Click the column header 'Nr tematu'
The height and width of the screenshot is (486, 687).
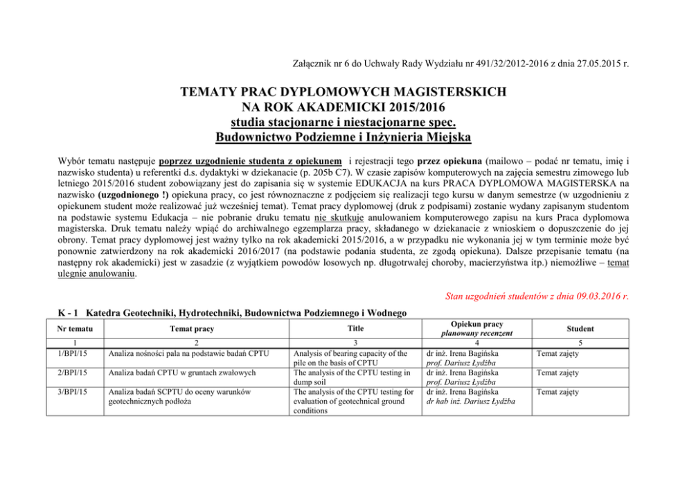[73, 329]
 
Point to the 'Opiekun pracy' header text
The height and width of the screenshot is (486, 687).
[476, 324]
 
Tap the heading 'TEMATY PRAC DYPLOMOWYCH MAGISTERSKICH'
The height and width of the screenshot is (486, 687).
[343, 91]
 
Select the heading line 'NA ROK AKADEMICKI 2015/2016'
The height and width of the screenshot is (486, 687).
[343, 105]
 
